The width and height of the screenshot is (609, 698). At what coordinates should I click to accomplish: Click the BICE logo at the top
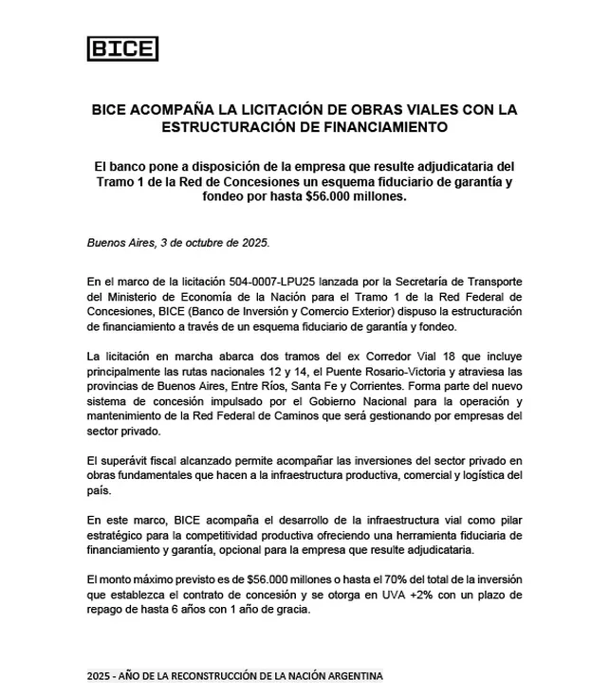coord(122,48)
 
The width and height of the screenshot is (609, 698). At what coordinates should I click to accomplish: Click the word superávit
coord(125,461)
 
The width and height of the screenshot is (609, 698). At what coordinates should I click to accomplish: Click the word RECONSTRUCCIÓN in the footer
coord(212,676)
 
